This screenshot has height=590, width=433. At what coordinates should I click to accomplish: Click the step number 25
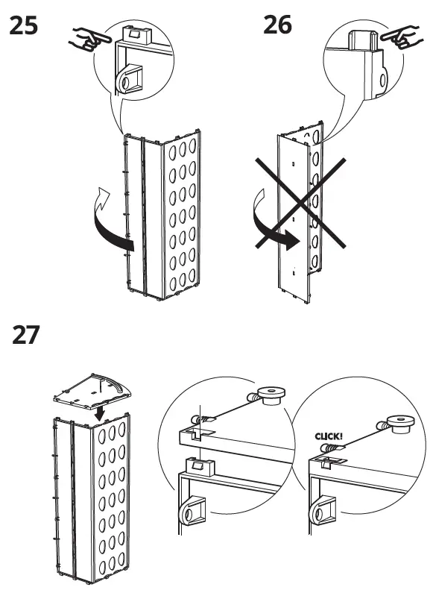[23, 25]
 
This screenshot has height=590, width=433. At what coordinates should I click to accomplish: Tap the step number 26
[277, 25]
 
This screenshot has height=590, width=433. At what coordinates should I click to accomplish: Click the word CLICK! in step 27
[329, 436]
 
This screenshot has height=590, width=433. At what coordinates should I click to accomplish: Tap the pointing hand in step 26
[402, 37]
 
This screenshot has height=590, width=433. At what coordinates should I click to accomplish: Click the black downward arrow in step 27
[100, 413]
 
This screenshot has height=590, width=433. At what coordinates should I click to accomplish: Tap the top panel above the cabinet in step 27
[92, 392]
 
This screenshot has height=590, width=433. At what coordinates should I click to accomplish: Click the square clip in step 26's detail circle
[363, 40]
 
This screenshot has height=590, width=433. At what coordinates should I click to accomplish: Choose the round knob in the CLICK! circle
[400, 424]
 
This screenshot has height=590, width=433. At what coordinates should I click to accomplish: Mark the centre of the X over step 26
[300, 203]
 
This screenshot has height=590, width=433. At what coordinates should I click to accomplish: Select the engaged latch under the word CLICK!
[327, 461]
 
